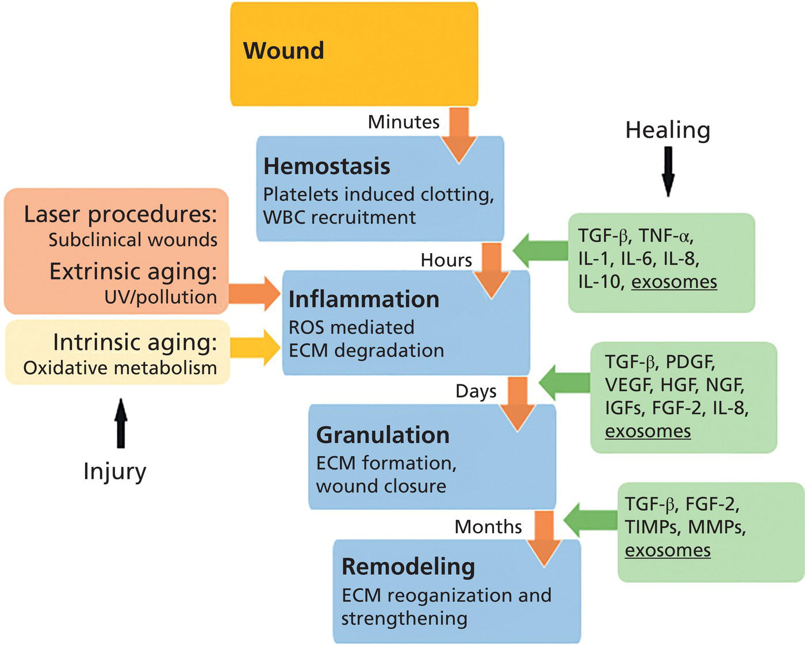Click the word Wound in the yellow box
(x=283, y=51)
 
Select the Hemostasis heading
(x=327, y=166)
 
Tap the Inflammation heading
(x=363, y=300)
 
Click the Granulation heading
(x=382, y=435)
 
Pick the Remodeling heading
(x=408, y=567)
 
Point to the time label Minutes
(x=404, y=122)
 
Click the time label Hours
(x=446, y=260)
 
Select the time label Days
(x=476, y=391)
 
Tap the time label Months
(x=488, y=526)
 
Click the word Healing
(x=668, y=130)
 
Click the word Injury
(x=114, y=471)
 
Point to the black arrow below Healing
(x=668, y=171)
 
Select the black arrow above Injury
(x=121, y=423)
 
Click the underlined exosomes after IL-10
(x=674, y=283)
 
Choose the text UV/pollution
(x=160, y=297)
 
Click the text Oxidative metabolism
(x=120, y=368)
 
